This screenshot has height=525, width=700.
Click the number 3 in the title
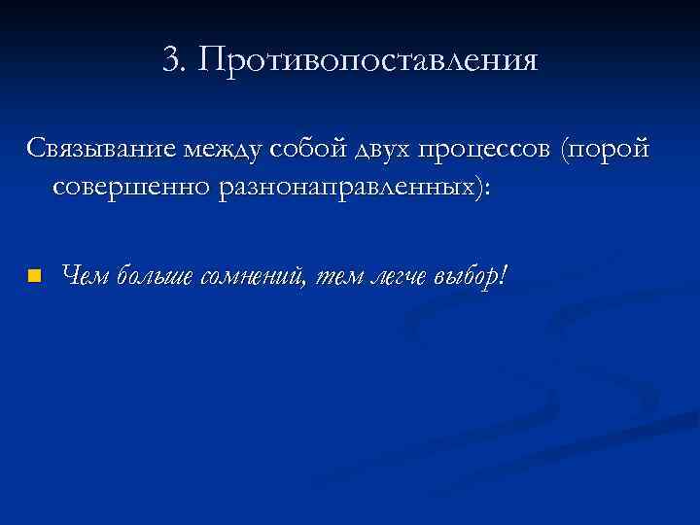coord(172,60)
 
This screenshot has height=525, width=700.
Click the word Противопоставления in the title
coord(367,60)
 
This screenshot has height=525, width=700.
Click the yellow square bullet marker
coord(35,276)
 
